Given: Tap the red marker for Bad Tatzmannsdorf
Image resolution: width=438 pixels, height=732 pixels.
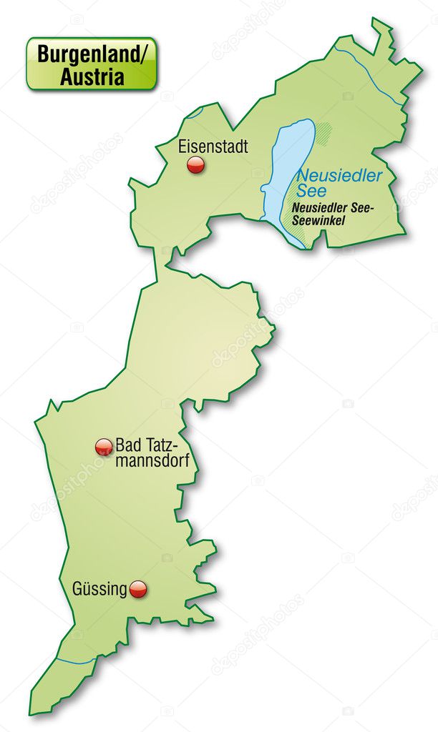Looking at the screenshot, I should click(x=104, y=447).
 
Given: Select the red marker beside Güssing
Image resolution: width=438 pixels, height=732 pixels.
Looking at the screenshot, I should click(x=138, y=589).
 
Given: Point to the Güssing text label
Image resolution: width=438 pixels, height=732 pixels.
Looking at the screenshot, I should click(x=99, y=589).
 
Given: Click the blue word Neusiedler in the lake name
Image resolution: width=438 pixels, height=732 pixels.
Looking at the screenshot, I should click(x=340, y=176).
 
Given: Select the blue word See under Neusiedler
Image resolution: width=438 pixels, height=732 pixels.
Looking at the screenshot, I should click(x=311, y=191).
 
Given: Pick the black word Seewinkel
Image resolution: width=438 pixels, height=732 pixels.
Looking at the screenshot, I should click(x=318, y=220).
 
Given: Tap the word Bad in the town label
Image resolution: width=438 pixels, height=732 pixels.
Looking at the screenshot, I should click(x=129, y=445).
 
